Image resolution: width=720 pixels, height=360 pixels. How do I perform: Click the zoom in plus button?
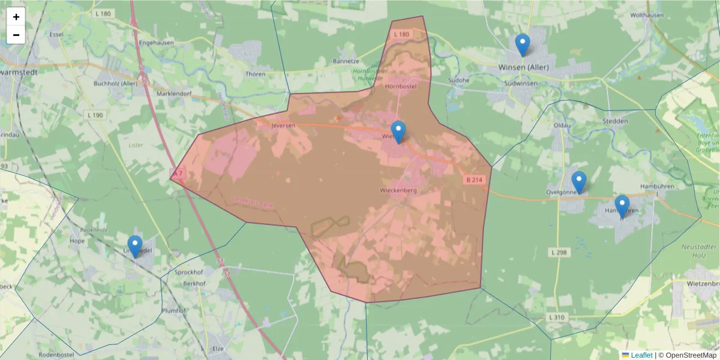click(16, 17)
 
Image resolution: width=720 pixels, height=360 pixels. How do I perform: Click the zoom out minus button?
click(16, 35)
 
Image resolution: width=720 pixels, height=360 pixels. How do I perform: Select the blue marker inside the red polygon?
click(398, 132)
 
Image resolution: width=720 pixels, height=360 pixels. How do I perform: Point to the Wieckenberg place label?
click(398, 190)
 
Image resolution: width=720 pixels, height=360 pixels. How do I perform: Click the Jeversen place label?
click(284, 126)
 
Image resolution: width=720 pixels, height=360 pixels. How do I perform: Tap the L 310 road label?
click(556, 316)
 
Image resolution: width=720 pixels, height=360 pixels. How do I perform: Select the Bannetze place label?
click(345, 61)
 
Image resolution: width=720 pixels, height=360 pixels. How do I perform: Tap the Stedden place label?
click(615, 121)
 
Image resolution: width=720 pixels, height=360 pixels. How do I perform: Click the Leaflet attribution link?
click(641, 355)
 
